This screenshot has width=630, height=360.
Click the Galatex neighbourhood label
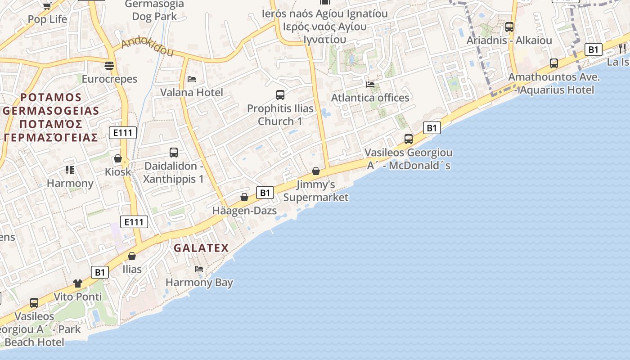[x=201, y=247]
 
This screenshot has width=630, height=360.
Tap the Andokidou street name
[x=148, y=47]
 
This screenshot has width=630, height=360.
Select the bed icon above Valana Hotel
[x=192, y=79]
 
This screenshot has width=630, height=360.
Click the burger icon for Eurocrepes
[x=109, y=66]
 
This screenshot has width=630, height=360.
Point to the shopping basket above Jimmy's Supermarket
[x=316, y=171]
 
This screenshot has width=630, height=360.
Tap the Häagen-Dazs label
[x=244, y=211]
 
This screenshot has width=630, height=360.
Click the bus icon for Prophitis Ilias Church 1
[x=280, y=95]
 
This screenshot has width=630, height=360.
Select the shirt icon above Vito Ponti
[x=78, y=283]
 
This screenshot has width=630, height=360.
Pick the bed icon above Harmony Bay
[x=199, y=269]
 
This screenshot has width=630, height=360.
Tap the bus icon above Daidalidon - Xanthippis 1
[x=174, y=153]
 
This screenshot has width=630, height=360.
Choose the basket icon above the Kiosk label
[x=118, y=158]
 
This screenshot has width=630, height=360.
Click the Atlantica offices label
[x=370, y=98]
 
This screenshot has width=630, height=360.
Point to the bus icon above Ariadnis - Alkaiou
[x=509, y=27]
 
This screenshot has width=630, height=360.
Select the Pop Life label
[x=47, y=19]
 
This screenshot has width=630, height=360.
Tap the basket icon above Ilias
[x=132, y=256]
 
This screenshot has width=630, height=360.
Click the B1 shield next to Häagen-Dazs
[x=265, y=193]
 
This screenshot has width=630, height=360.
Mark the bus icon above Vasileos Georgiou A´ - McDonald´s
[x=409, y=139]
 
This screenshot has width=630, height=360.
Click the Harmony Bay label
[x=199, y=283]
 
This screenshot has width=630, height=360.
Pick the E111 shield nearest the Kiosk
[x=123, y=133]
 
